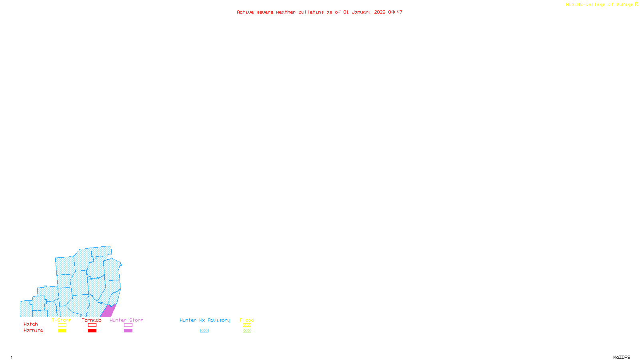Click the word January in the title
pyautogui.click(x=362, y=12)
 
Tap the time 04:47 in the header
pyautogui.click(x=395, y=12)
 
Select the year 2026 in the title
pyautogui.click(x=380, y=12)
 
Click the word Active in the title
pyautogui.click(x=245, y=12)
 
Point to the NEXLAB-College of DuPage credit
pyautogui.click(x=600, y=5)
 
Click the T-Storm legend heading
pyautogui.click(x=62, y=320)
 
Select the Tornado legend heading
pyautogui.click(x=92, y=320)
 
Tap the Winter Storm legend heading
pyautogui.click(x=126, y=320)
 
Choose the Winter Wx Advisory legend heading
pyautogui.click(x=205, y=320)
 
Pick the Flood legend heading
pyautogui.click(x=247, y=320)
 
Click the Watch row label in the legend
pyautogui.click(x=31, y=324)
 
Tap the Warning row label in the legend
pyautogui.click(x=34, y=330)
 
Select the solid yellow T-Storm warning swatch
pyautogui.click(x=62, y=331)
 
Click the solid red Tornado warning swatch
pyautogui.click(x=92, y=331)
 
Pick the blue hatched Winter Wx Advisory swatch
pyautogui.click(x=204, y=331)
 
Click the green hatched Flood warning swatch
pyautogui.click(x=247, y=331)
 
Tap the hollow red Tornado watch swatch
pyautogui.click(x=92, y=325)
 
